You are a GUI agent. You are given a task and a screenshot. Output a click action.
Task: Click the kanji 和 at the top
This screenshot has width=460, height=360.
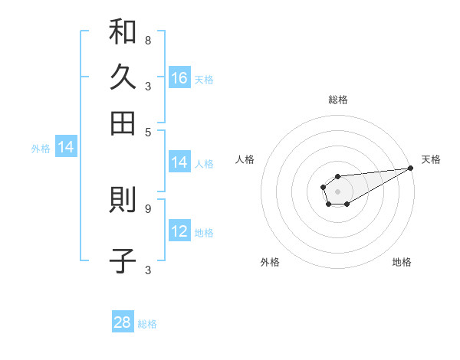pos(123,33)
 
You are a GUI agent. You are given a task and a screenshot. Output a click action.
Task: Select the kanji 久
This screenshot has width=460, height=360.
pos(123,77)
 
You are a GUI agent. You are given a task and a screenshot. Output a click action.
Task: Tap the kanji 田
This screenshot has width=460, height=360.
pos(123,122)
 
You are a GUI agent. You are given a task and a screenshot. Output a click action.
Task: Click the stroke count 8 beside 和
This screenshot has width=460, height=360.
pos(148,40)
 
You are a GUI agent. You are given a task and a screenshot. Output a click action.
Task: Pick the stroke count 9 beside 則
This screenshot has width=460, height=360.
pos(148,207)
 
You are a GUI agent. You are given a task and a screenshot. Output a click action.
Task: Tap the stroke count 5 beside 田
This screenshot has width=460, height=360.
pos(148,131)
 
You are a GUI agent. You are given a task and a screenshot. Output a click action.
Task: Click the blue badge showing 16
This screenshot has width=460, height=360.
pos(179,77)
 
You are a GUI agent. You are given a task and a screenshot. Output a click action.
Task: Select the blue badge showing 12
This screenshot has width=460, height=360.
pos(179,231)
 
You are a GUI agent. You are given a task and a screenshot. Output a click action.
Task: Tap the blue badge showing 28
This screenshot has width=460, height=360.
pos(123,322)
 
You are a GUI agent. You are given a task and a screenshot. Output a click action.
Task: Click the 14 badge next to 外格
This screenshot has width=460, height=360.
pos(66,148)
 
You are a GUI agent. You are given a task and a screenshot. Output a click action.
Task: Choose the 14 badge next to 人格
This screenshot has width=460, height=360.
pos(179,162)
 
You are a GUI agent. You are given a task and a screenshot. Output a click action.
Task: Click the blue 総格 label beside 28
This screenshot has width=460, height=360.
pos(147,324)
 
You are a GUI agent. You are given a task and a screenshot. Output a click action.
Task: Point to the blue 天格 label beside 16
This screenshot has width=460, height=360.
pos(204,79)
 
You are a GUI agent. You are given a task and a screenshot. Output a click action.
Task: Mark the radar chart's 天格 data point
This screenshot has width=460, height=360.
pos(410,169)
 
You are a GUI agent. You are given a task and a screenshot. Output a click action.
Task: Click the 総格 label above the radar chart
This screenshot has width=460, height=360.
pos(337,100)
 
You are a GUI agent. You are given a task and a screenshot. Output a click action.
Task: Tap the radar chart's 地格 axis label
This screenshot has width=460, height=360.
pos(402,262)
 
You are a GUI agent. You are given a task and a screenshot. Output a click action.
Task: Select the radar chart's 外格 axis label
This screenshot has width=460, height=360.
pos(270,262)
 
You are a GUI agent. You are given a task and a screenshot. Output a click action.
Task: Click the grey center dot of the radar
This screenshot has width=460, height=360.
pos(337,191)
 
